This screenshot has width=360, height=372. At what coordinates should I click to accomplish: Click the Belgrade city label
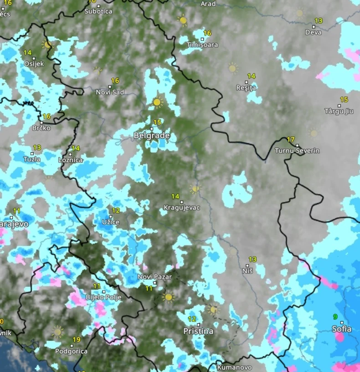(x=152, y=136)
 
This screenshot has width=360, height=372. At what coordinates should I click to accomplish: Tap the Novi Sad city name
(x=110, y=92)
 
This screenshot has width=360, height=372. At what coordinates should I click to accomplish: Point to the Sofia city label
(x=342, y=329)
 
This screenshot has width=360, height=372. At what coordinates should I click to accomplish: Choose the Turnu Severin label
(x=298, y=150)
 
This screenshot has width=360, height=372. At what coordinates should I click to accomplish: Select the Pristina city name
(x=198, y=331)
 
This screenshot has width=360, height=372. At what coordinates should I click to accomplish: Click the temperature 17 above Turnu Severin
(x=291, y=139)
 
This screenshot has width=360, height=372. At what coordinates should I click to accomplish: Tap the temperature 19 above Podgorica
(x=77, y=339)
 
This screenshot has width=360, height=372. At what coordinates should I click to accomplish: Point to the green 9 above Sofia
(x=335, y=317)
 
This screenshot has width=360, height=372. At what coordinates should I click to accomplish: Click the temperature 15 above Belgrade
(x=157, y=122)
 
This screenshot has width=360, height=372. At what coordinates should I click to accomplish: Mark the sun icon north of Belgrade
(x=157, y=102)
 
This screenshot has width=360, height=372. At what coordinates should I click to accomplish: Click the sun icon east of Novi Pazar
(x=169, y=297)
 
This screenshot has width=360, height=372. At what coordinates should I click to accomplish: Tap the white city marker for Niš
(x=248, y=265)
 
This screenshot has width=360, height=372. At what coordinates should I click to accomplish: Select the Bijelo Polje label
(x=99, y=297)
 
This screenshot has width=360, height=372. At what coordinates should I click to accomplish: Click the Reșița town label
(x=246, y=87)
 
